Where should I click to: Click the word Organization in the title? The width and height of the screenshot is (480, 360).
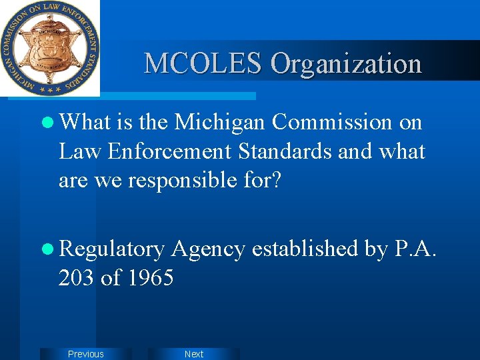[x=346, y=63]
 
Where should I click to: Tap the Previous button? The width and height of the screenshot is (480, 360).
[x=86, y=354]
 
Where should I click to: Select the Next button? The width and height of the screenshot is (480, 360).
[x=194, y=354]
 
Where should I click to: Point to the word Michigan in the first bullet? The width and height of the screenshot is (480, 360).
[x=219, y=122]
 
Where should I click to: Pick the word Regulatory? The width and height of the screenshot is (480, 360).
[x=111, y=249]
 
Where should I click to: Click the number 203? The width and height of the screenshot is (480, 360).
[x=77, y=277]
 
